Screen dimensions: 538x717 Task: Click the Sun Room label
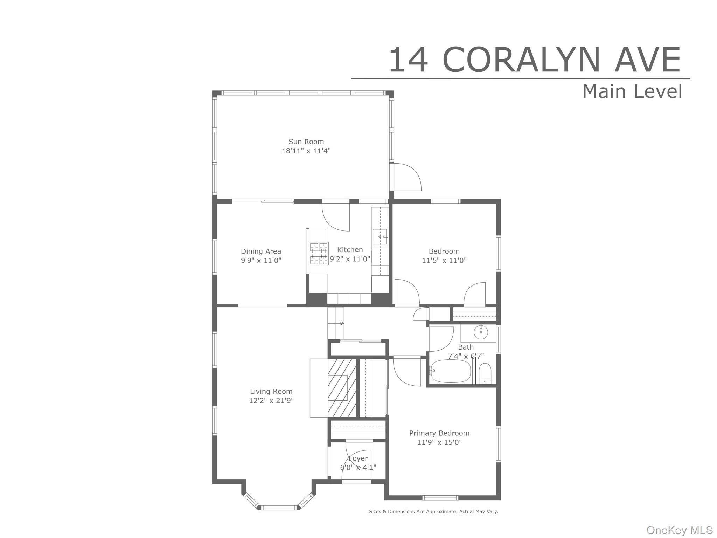point(306,142)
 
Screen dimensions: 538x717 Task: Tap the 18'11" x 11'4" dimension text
point(306,151)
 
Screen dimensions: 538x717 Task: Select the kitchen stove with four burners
point(319,253)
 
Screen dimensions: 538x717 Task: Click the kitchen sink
point(380,237)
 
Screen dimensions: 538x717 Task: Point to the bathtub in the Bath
point(450,371)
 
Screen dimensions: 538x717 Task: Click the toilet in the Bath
point(485,374)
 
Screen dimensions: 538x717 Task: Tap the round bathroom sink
point(481,332)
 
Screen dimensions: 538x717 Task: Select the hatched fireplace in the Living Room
point(342,388)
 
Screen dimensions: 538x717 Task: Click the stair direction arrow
point(342,323)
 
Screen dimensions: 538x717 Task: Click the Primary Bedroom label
point(439,433)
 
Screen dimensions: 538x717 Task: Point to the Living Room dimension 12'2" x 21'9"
point(271,401)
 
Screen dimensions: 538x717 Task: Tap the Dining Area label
point(261,251)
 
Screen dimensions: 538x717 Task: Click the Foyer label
point(358,458)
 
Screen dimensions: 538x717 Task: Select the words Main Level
point(632,91)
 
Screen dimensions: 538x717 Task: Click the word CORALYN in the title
point(522,60)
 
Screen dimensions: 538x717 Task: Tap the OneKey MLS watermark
point(679,530)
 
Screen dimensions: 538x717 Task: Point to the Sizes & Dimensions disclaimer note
point(433,512)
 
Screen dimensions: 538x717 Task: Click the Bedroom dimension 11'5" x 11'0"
point(444,261)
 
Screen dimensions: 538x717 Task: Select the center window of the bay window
point(279,508)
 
